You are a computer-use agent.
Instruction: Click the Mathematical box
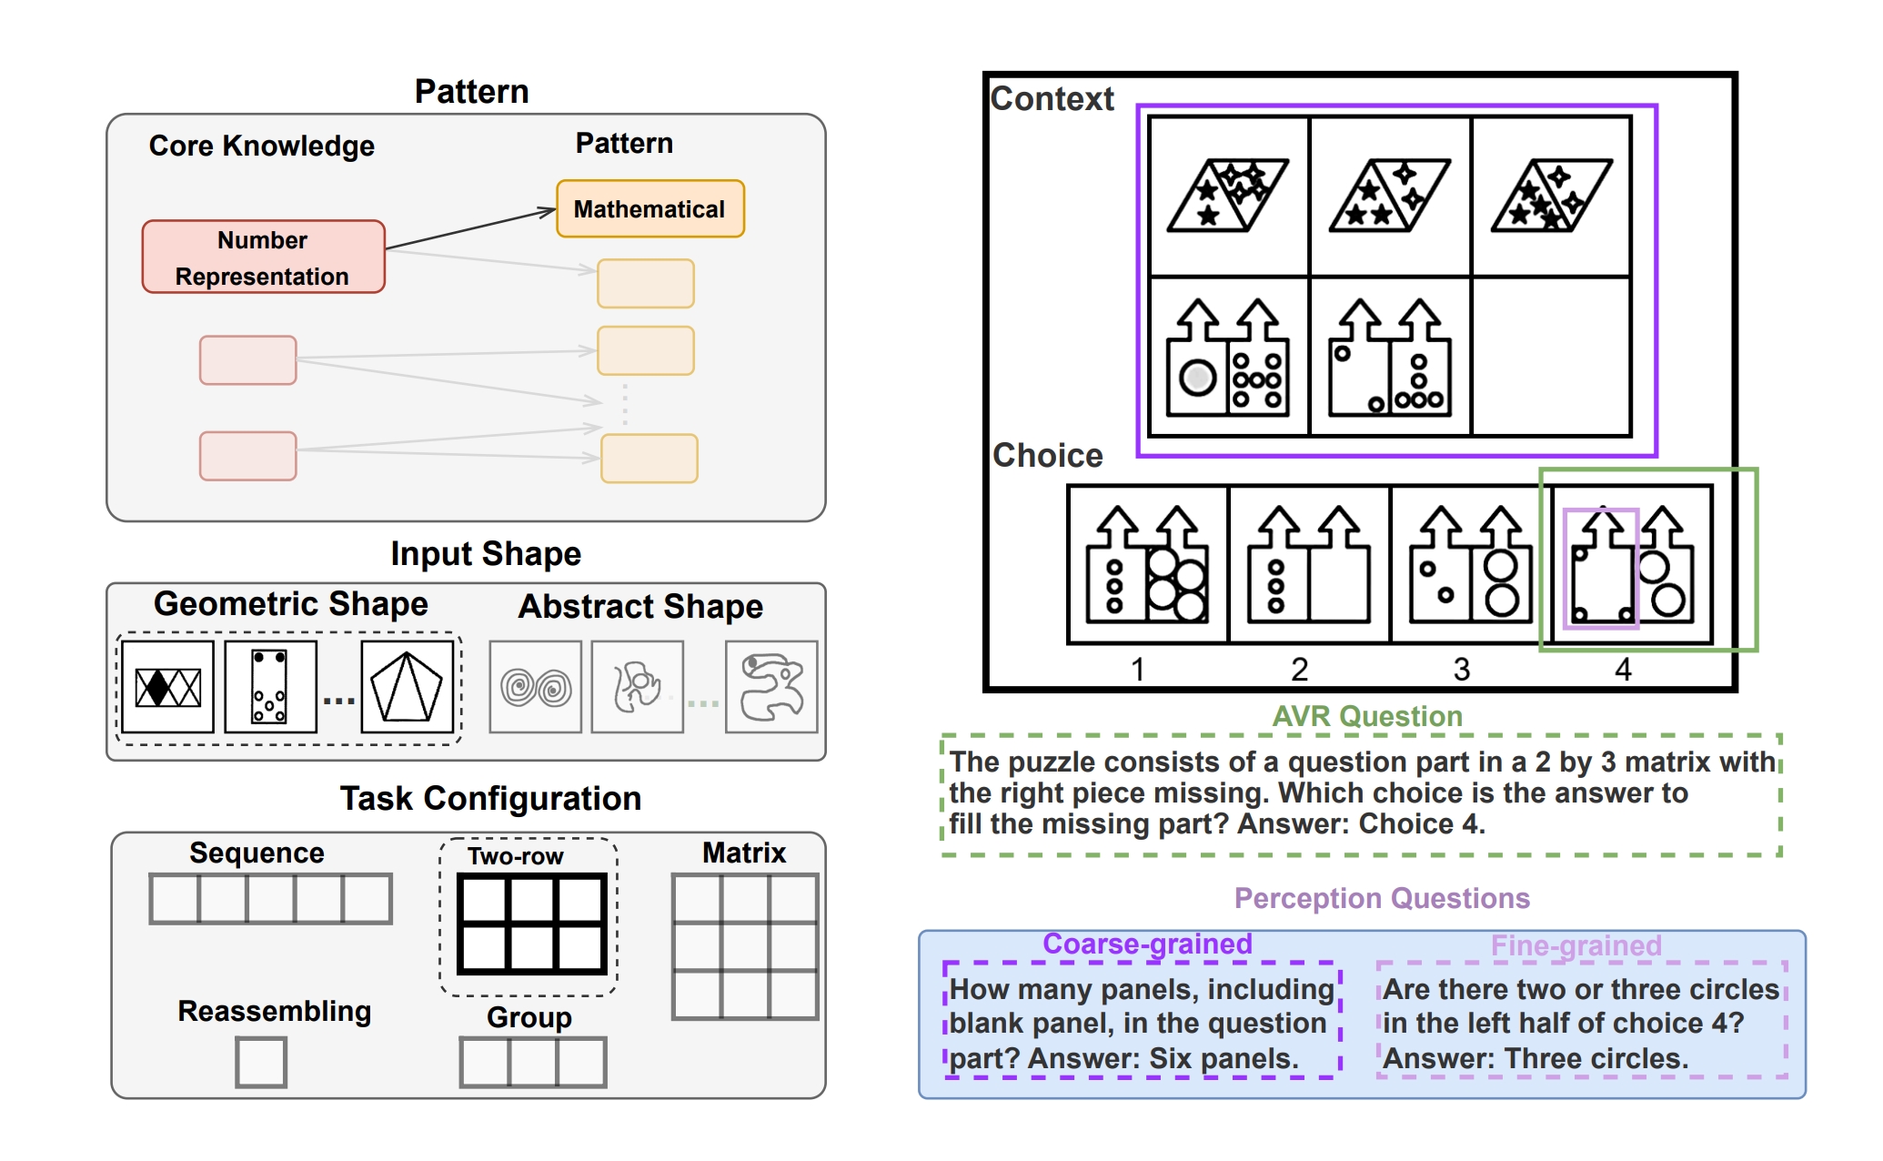pyautogui.click(x=649, y=209)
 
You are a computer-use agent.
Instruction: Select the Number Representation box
pyautogui.click(x=263, y=257)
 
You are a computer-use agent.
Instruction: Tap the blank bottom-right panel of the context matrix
pyautogui.click(x=1550, y=357)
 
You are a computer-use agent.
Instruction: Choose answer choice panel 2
pyautogui.click(x=1308, y=564)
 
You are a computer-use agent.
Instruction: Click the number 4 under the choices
pyautogui.click(x=1623, y=671)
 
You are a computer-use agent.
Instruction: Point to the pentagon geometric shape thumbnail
pyautogui.click(x=407, y=687)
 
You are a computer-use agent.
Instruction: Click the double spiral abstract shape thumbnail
pyautogui.click(x=536, y=687)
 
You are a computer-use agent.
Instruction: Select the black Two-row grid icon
pyautogui.click(x=531, y=924)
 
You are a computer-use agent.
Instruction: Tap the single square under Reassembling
pyautogui.click(x=261, y=1062)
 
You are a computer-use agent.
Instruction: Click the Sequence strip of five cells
pyautogui.click(x=270, y=899)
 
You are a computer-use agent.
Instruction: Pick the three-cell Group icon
pyautogui.click(x=532, y=1062)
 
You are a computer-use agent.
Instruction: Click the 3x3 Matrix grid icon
pyautogui.click(x=744, y=946)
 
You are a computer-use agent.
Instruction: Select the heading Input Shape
pyautogui.click(x=486, y=554)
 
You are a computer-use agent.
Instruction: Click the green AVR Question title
pyautogui.click(x=1366, y=716)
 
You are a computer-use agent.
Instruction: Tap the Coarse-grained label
pyautogui.click(x=1147, y=944)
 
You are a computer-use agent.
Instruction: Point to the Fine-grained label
pyautogui.click(x=1576, y=946)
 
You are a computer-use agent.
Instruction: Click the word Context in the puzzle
pyautogui.click(x=1052, y=99)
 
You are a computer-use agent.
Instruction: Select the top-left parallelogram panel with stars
pyautogui.click(x=1228, y=196)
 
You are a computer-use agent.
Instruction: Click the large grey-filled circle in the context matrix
pyautogui.click(x=1197, y=377)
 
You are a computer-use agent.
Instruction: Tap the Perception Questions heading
pyautogui.click(x=1381, y=898)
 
